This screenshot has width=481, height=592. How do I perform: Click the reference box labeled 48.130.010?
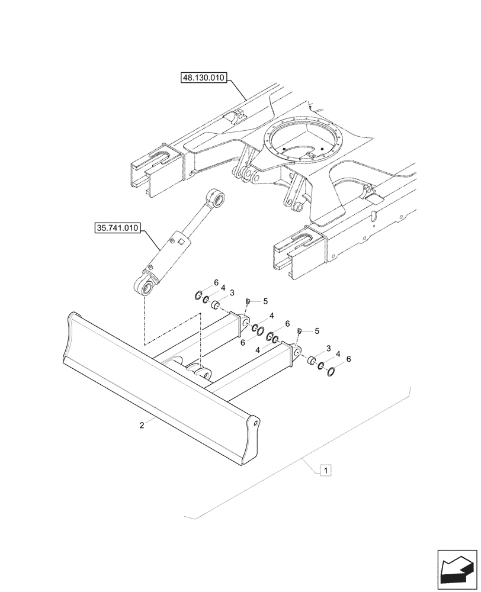[204, 77]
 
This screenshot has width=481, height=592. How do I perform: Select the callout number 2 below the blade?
[143, 424]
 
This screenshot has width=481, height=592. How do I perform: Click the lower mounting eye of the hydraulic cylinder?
[146, 288]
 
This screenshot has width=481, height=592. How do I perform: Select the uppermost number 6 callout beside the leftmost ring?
[216, 282]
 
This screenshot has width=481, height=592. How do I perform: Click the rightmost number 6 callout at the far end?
[349, 359]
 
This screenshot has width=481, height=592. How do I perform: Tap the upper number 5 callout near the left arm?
[257, 301]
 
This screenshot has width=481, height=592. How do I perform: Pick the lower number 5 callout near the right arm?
[317, 330]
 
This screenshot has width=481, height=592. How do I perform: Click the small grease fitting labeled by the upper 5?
[248, 303]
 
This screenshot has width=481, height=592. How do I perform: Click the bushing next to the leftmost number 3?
[217, 305]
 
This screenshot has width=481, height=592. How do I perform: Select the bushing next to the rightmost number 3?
[310, 359]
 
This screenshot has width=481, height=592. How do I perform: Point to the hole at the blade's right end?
[255, 423]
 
